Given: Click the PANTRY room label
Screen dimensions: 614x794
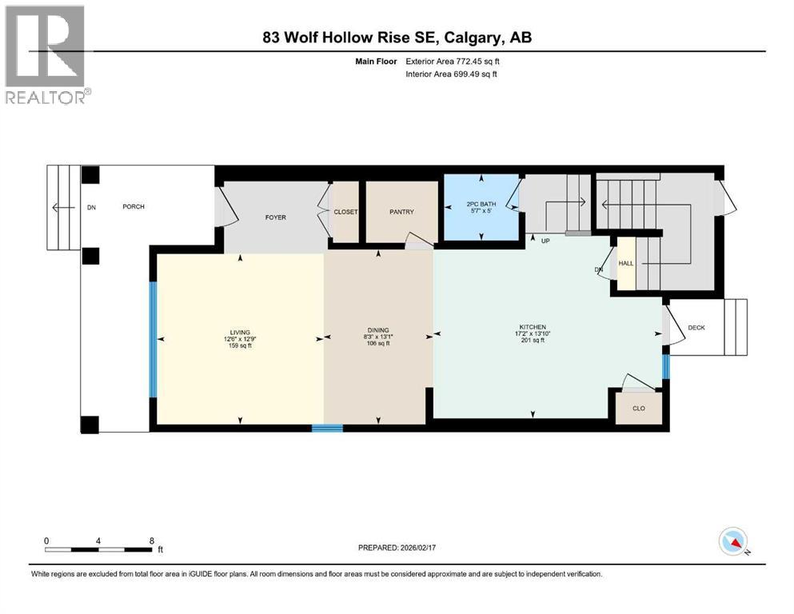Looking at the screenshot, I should coord(401,212).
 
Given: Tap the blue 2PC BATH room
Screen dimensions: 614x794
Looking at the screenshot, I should coord(481,207).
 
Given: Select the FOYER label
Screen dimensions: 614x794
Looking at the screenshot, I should coord(275,217).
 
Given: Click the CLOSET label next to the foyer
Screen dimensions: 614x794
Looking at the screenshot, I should coord(345,212).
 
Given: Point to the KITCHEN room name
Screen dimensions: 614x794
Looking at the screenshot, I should coord(533,327).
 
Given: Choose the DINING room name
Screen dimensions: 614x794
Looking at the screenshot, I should coord(378,330).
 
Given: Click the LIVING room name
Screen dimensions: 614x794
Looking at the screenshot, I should coord(240,332).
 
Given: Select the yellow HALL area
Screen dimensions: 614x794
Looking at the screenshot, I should coord(626,263).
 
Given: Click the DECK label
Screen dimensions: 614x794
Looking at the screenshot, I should coord(696,327).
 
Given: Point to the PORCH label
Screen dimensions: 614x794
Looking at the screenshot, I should coord(133,207).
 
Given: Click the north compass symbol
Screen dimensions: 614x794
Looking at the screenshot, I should coord(732,543).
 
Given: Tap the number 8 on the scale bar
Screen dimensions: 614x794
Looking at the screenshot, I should coord(151,540).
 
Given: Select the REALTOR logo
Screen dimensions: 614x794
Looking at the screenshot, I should coord(46,54).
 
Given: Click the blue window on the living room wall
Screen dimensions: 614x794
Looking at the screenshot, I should coord(153,339).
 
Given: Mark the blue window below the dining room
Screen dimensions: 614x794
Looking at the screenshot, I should coord(327,429).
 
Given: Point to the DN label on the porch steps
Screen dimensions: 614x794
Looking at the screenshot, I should coord(91,208).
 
